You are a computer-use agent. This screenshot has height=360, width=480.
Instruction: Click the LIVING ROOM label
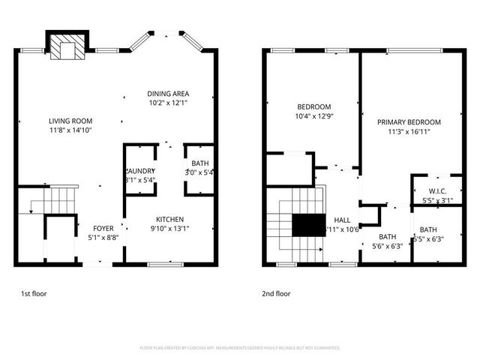70,121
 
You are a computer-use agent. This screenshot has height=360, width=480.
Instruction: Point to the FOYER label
103,228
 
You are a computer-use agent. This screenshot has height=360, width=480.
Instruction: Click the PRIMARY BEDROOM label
409,121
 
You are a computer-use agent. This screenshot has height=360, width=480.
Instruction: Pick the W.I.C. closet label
438,190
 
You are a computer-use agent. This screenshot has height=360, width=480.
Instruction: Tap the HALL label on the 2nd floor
343,219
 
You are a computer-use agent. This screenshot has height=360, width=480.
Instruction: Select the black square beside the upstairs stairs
306,226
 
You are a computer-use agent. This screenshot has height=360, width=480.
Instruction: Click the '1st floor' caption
33,294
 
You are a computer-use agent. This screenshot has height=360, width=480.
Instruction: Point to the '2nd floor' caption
276,294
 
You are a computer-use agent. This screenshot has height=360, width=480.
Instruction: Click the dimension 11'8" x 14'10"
70,130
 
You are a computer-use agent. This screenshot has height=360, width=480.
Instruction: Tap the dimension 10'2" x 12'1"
167,103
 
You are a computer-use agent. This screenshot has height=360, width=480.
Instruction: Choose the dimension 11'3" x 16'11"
409,131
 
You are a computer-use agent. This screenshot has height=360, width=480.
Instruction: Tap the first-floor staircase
58,201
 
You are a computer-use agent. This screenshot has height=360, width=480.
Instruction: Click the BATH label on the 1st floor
200,163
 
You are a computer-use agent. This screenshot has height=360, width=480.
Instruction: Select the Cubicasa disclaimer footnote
240,348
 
